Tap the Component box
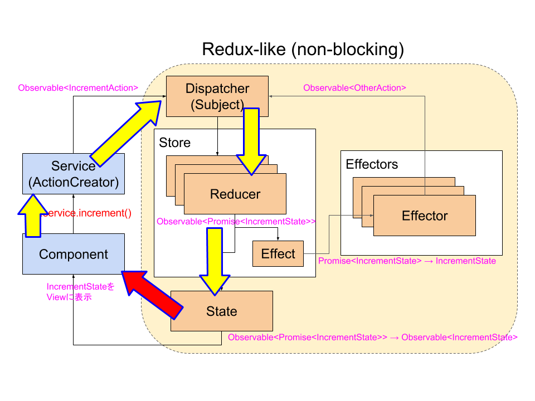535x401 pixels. [x=74, y=255]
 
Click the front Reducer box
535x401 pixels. [x=235, y=194]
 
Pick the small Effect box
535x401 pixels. [x=278, y=254]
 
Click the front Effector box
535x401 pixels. [x=425, y=216]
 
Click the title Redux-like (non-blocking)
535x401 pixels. [x=303, y=49]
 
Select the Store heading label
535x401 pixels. [x=174, y=143]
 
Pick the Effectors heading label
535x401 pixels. [x=372, y=164]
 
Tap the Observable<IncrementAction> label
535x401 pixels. [x=78, y=87]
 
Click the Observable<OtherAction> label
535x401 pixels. [x=354, y=87]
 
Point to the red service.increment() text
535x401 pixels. [x=89, y=213]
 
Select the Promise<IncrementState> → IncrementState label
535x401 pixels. [x=407, y=261]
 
